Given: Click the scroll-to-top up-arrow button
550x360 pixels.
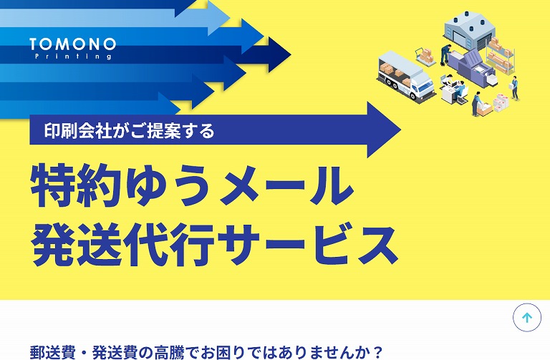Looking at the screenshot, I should [x=527, y=318].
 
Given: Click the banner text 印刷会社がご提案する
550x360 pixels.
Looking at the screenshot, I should [x=129, y=130].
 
